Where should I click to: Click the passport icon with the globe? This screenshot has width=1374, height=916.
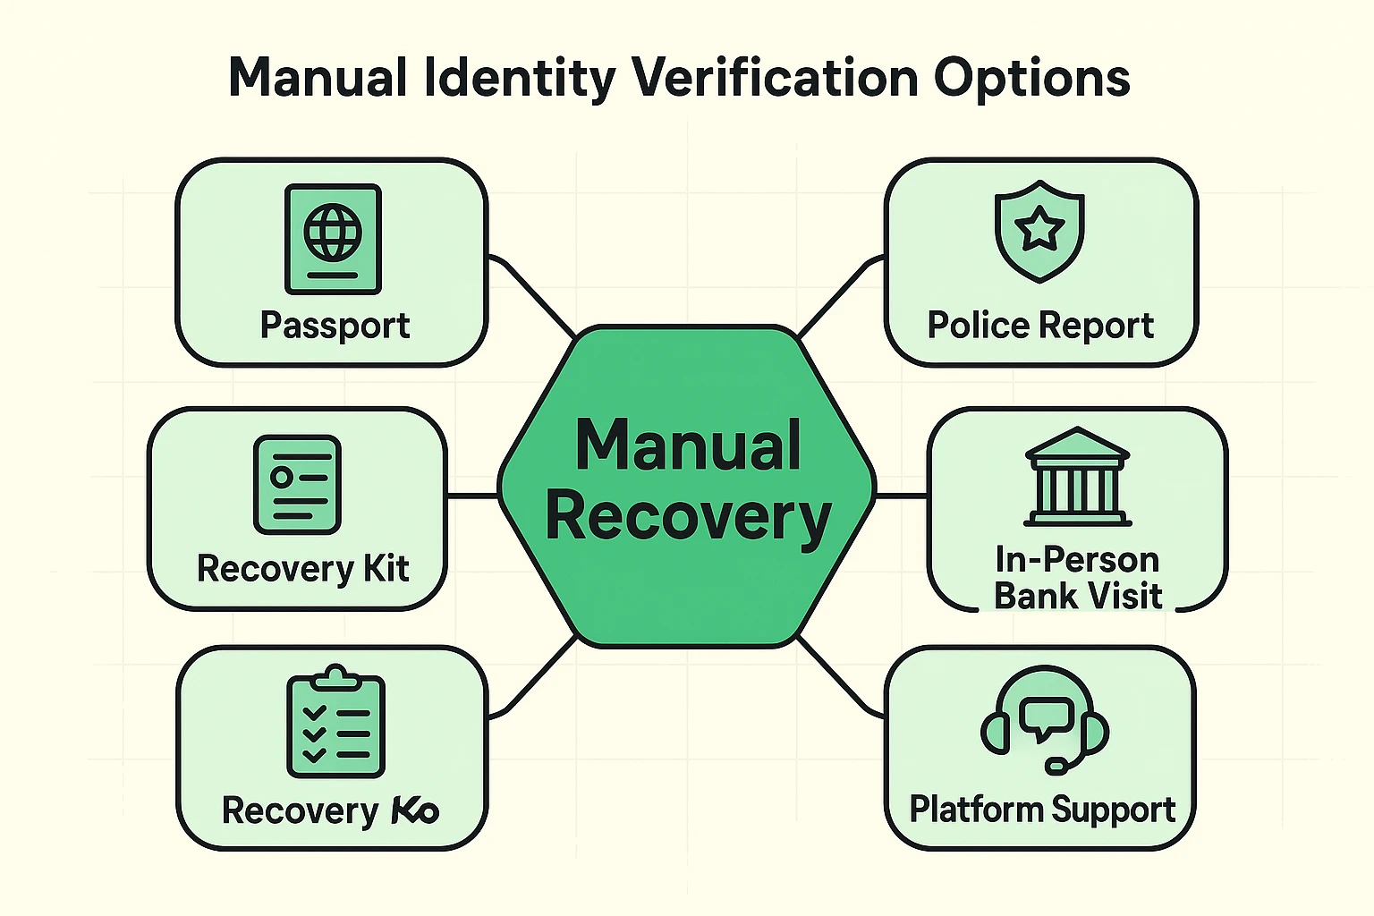pos(333,239)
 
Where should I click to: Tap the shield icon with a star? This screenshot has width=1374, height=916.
pos(1039,231)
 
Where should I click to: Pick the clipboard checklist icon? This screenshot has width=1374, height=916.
pos(335,722)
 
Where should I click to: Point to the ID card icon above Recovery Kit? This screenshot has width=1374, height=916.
pos(297,484)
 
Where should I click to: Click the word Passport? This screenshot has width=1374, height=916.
pos(335,325)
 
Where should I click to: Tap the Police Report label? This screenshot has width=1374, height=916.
pos(1040,326)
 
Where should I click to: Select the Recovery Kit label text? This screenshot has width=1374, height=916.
pos(302,569)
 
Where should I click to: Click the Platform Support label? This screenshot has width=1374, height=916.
pos(1042,810)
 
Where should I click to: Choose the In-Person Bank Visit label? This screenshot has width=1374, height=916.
pos(1077,578)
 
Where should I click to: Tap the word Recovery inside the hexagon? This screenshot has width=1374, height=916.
pos(687,517)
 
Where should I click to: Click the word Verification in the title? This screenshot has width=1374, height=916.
pos(776,78)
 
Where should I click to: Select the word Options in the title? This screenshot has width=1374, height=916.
pos(1031,78)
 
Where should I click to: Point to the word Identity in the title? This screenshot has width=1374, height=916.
pos(519,78)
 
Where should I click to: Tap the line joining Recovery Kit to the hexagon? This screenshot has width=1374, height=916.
pos(472,495)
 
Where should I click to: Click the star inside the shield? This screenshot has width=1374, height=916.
pos(1039,230)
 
